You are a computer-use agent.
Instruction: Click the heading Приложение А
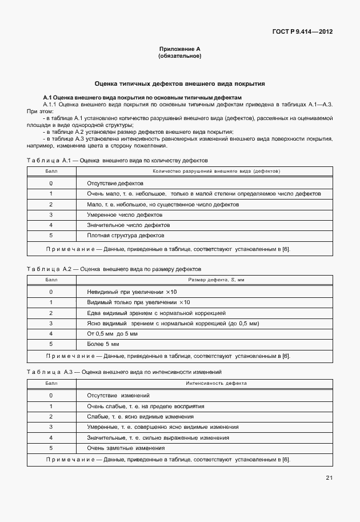(179, 50)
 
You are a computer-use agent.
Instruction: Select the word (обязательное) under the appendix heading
(179, 56)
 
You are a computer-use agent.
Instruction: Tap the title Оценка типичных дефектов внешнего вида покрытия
(179, 83)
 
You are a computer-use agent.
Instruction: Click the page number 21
(329, 477)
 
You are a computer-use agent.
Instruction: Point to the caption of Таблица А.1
(118, 161)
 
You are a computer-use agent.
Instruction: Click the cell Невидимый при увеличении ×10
(137, 292)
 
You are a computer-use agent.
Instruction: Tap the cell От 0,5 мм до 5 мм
(113, 333)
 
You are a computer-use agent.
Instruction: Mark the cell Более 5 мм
(103, 344)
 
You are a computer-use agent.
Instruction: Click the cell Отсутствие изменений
(118, 395)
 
